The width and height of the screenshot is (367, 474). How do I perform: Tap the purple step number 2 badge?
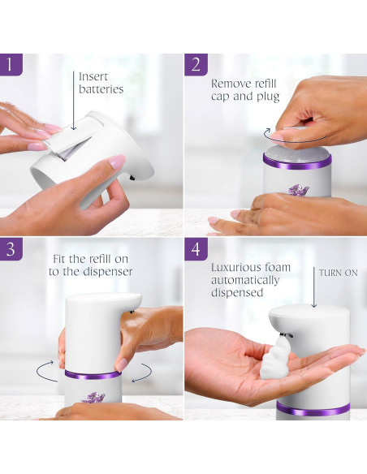[196, 65]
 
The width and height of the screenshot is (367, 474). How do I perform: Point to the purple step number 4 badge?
[196, 250]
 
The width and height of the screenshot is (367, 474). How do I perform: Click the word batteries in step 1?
[101, 89]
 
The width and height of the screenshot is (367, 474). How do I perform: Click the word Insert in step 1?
[93, 75]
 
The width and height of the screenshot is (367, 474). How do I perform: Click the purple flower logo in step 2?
[297, 189]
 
